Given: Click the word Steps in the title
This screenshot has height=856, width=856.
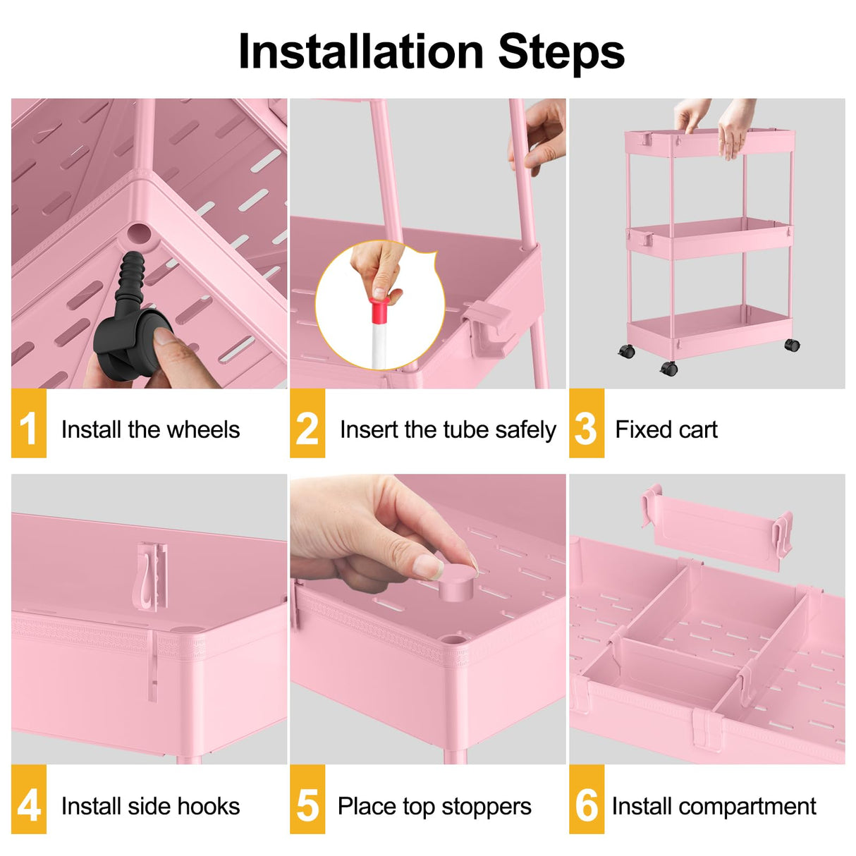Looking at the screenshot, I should [561, 51].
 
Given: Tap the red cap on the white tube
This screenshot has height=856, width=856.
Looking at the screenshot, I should [380, 310].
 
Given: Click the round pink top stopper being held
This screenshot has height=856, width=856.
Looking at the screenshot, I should [456, 583].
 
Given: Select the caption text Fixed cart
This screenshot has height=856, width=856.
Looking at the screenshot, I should [666, 429].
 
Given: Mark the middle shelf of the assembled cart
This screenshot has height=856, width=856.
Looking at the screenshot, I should [709, 238].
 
